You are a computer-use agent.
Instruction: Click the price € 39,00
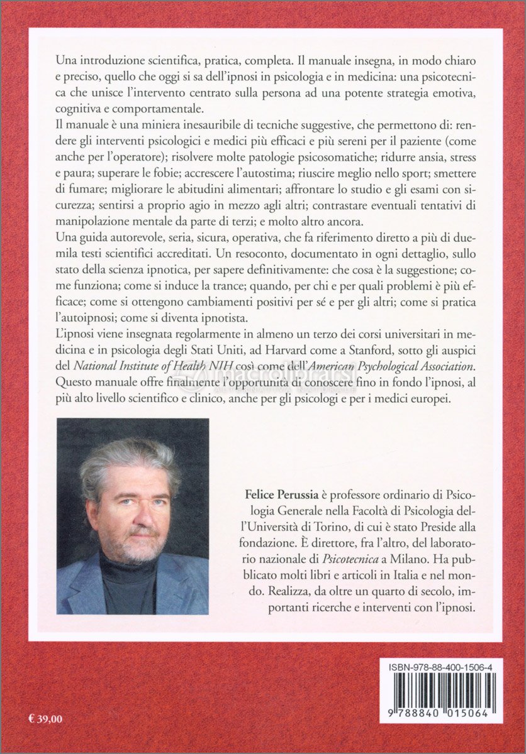[x=45, y=718]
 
